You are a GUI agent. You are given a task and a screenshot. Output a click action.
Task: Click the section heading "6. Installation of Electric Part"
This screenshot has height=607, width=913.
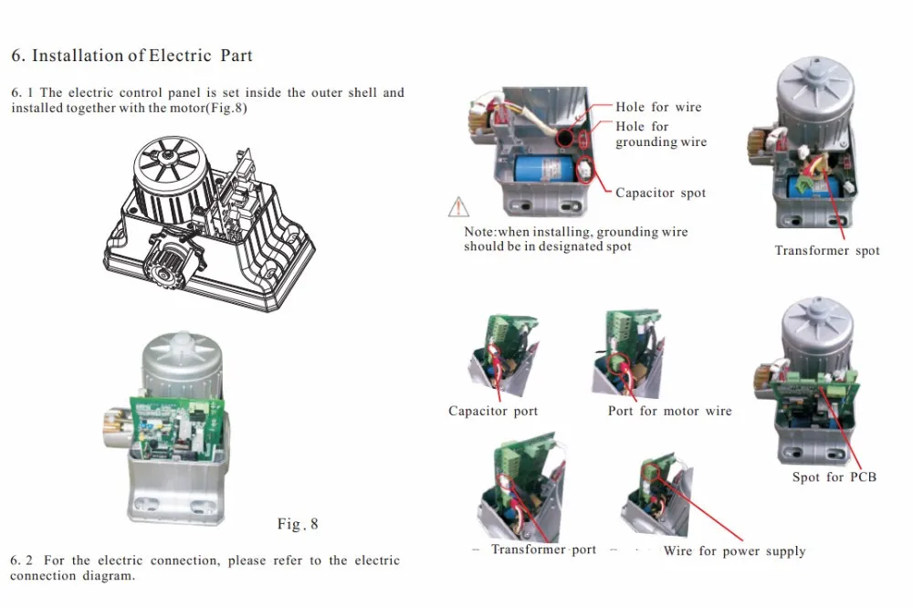(131, 56)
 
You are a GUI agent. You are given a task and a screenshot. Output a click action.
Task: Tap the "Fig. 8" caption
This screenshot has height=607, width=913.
(298, 524)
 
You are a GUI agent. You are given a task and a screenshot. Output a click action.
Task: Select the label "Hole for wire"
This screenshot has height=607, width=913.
(658, 107)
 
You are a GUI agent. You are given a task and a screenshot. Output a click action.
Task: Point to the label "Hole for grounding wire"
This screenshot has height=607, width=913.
(660, 134)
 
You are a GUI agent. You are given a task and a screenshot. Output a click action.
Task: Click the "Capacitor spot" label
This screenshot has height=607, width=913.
(660, 193)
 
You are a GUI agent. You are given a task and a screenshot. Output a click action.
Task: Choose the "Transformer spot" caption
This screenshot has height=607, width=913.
(827, 250)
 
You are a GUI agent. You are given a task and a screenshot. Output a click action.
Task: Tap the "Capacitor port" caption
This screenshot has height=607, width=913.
(493, 411)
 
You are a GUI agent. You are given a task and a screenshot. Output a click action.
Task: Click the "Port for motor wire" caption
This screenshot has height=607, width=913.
(669, 411)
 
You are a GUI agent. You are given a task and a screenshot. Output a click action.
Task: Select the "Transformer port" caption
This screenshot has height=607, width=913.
(543, 549)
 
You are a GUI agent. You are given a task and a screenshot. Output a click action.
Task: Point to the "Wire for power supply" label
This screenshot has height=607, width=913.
(734, 550)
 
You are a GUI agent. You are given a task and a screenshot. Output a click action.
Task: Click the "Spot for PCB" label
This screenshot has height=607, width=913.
(834, 476)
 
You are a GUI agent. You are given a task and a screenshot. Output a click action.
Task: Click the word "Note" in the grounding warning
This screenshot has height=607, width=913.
(479, 232)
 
